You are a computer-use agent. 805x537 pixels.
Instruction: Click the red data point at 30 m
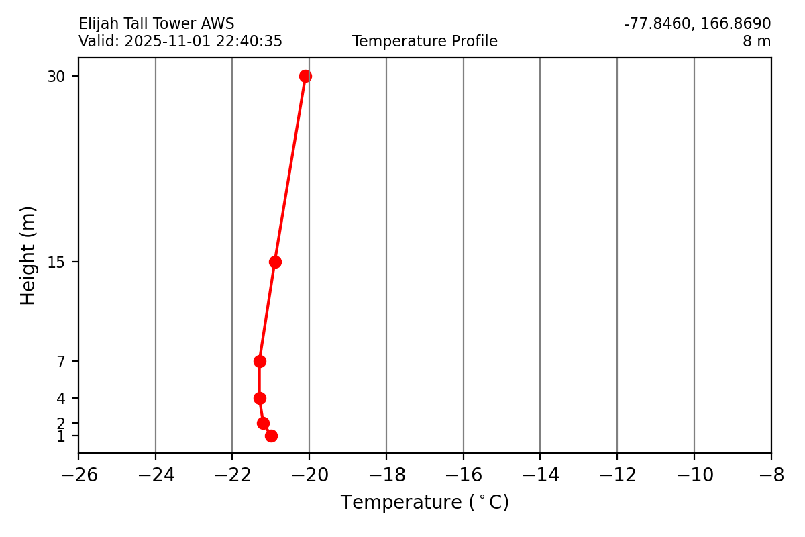(x=305, y=76)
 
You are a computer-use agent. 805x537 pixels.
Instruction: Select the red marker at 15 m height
(x=275, y=262)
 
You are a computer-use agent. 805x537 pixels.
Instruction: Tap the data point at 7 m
(x=260, y=361)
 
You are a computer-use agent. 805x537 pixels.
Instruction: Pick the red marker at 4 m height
(x=260, y=398)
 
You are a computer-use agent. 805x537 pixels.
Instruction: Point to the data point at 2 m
(x=263, y=423)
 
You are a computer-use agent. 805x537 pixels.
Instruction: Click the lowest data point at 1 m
(x=271, y=436)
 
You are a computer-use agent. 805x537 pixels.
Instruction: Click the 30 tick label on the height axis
(x=56, y=77)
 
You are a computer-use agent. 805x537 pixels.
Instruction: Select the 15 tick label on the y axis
(x=56, y=262)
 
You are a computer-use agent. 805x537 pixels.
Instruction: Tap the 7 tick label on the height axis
(x=61, y=362)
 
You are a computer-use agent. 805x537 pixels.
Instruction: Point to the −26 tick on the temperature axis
(x=78, y=475)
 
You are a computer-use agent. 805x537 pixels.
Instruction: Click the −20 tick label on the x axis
(x=309, y=475)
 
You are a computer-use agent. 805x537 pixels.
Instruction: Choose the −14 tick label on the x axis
(x=540, y=475)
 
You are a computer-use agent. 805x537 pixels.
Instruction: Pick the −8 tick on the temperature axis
(x=771, y=475)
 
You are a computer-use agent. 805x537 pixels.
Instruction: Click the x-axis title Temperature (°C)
(x=425, y=503)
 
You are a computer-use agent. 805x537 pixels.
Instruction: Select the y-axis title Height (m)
(x=28, y=256)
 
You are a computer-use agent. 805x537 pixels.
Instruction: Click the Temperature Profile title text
(x=425, y=42)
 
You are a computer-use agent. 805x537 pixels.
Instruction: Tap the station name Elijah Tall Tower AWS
(x=156, y=24)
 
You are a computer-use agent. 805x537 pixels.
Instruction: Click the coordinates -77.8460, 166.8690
(x=697, y=24)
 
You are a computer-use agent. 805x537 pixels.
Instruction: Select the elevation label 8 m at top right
(x=756, y=42)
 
